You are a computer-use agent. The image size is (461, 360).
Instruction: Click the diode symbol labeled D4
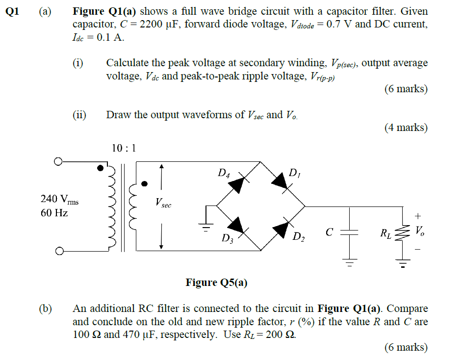[x=237, y=183]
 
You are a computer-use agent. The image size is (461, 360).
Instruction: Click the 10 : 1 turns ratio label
[x=124, y=148]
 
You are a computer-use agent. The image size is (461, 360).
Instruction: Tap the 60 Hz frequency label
[x=54, y=213]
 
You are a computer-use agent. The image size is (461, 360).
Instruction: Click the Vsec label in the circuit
[x=163, y=203]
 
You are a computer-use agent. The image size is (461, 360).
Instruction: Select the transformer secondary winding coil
[x=132, y=206]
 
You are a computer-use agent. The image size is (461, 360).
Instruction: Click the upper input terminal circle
[x=58, y=161]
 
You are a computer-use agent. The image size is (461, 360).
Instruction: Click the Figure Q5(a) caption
[x=216, y=283]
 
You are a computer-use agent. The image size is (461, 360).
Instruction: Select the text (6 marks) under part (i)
[x=406, y=89]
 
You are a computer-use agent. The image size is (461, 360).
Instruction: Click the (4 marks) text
[x=406, y=128]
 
